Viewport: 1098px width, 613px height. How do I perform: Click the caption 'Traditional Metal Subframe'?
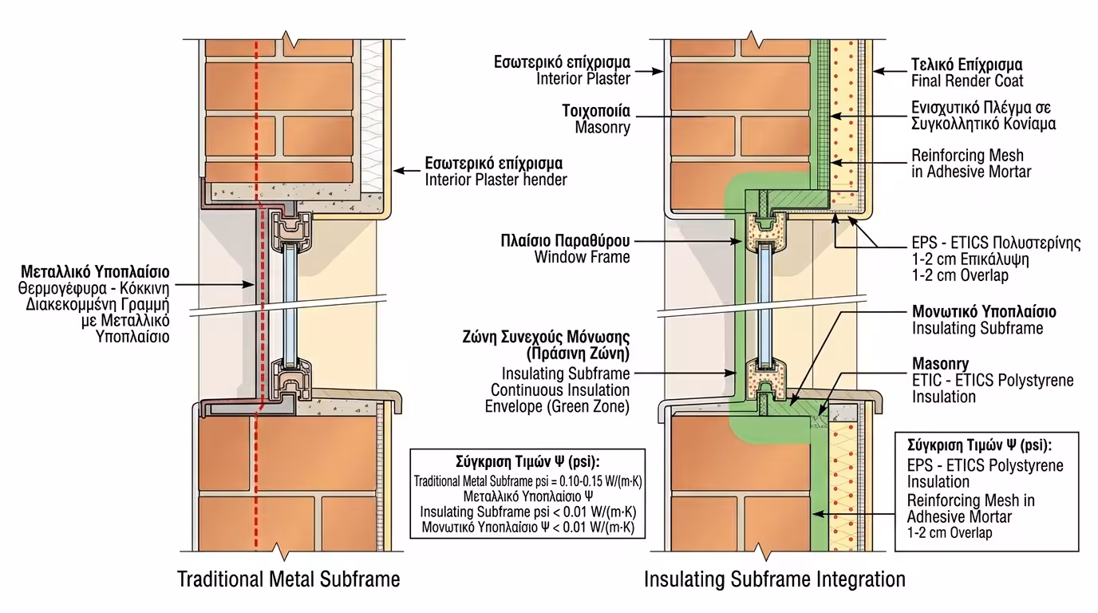pos(287,579)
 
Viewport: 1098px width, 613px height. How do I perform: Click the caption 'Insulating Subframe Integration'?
pos(774,579)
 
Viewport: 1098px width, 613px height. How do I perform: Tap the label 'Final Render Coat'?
pos(966,81)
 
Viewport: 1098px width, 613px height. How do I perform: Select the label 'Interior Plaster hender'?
pos(496,180)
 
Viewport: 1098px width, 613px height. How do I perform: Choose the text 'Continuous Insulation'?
pos(559,390)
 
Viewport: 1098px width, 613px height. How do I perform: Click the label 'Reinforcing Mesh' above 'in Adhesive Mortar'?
pos(967,155)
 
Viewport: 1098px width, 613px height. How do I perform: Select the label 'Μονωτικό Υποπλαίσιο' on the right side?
pos(984,311)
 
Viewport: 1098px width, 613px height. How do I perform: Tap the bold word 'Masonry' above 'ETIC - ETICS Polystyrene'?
pos(940,364)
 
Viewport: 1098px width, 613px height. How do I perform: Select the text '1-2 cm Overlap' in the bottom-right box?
pos(950,532)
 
